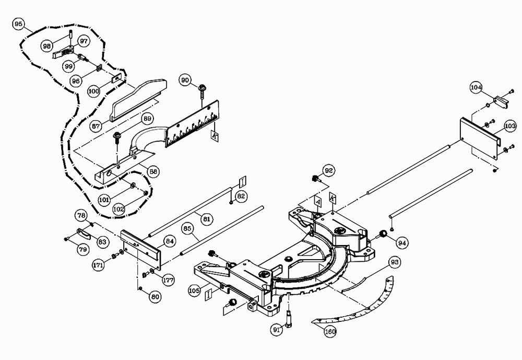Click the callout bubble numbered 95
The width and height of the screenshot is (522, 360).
[19, 24]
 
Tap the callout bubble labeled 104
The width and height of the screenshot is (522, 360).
[476, 87]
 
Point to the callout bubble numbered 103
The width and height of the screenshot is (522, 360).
[510, 126]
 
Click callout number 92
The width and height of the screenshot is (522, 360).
[328, 170]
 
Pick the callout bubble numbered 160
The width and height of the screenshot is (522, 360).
[330, 331]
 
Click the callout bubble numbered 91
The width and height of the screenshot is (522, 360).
[277, 329]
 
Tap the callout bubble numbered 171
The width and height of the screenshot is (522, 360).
[99, 265]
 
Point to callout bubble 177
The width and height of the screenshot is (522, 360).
[168, 281]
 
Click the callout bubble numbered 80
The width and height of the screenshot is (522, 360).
[155, 297]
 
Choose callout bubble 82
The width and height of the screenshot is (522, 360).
[241, 196]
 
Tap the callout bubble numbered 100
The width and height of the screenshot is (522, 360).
[93, 91]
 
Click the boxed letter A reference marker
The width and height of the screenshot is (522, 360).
[317, 201]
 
